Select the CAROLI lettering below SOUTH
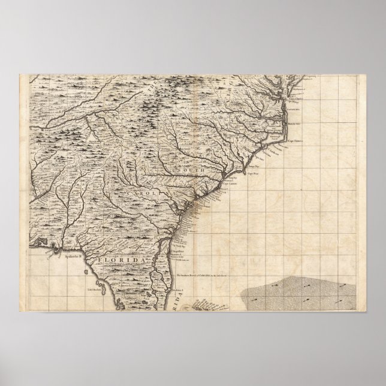(x=150, y=195)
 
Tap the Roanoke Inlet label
(x=294, y=119)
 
